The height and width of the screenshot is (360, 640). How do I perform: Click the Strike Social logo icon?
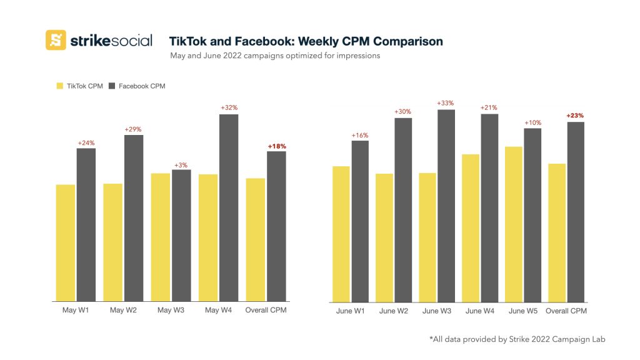56,40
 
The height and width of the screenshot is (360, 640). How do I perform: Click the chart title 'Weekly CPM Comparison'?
306,42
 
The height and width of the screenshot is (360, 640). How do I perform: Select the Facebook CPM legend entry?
137,86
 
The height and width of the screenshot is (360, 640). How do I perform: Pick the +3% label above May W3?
182,165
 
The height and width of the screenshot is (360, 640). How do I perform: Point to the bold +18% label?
277,146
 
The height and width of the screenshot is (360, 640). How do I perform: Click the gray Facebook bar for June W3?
446,206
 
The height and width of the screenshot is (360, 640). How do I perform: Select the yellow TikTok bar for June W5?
512,225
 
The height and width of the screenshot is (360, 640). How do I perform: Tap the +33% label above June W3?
446,104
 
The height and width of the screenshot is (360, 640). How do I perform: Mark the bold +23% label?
575,116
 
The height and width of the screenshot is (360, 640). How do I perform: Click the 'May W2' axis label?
124,311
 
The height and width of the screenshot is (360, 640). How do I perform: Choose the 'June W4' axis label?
479,311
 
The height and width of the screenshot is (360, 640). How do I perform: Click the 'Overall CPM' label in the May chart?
266,311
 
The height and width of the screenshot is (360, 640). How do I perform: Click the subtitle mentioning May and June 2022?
275,56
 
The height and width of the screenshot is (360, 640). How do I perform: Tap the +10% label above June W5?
532,122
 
